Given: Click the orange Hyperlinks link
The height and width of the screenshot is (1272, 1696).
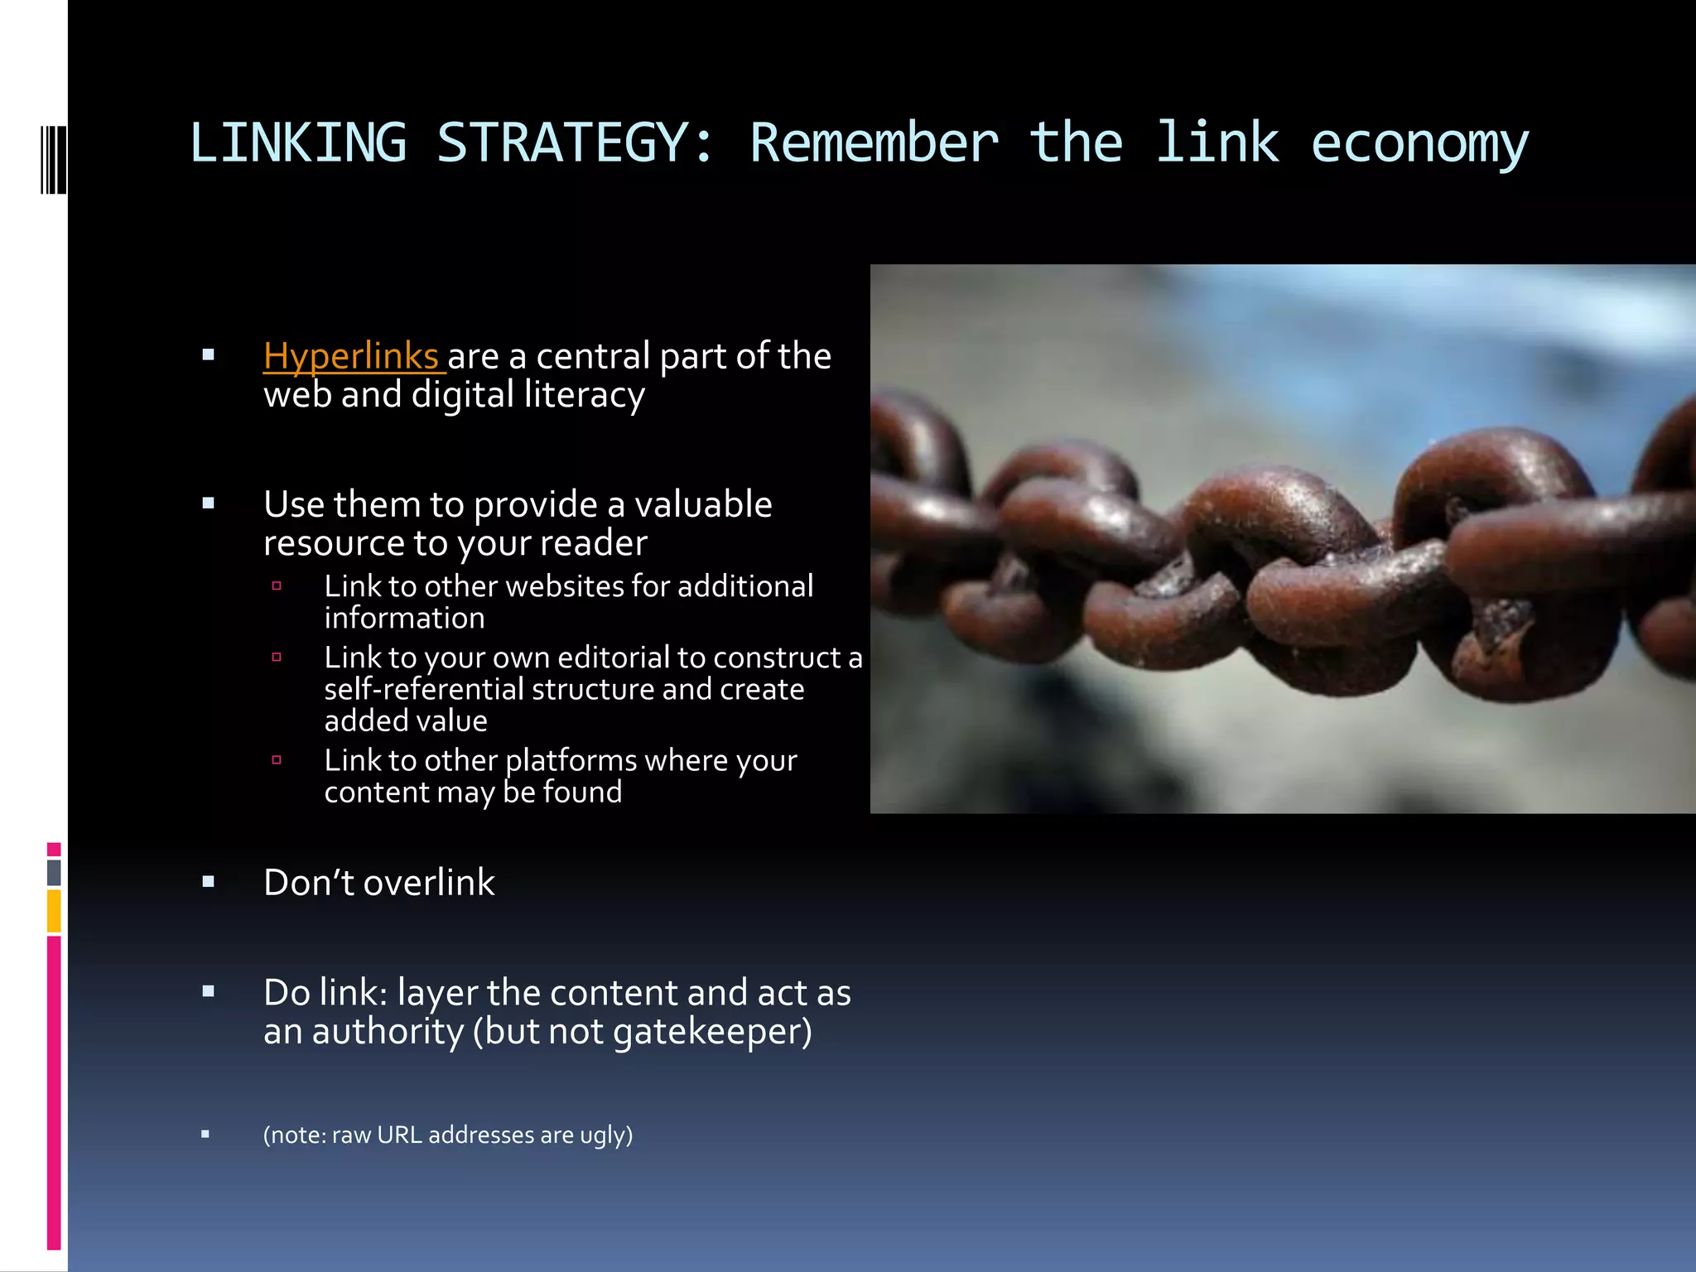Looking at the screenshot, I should [351, 356].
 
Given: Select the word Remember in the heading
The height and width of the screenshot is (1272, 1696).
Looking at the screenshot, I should [874, 142].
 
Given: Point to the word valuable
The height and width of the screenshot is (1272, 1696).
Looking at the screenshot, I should [703, 504].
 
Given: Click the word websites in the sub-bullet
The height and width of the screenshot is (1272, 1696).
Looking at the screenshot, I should [565, 586].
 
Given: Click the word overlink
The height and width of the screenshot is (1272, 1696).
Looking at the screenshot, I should [429, 883].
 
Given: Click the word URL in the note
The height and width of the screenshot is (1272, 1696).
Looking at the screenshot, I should [399, 1135].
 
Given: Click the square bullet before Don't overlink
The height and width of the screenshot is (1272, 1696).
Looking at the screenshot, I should [209, 883].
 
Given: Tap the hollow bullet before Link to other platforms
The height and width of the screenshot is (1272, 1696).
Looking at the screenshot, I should [277, 759].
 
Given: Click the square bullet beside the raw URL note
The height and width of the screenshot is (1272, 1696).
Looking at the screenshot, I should [205, 1135].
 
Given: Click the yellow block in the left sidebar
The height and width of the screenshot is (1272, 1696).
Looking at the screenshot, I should [54, 911].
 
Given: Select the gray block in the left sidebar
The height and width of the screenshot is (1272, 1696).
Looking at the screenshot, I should [54, 872].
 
